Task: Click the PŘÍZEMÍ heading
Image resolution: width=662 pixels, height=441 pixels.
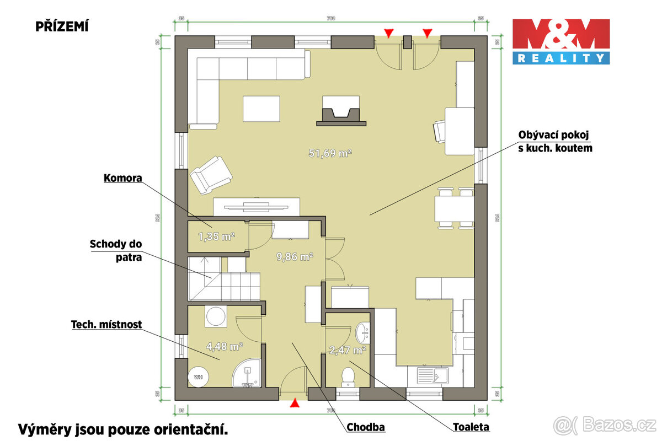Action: point(62,26)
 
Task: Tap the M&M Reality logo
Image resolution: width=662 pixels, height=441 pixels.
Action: point(561,41)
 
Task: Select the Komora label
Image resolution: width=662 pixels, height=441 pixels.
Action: point(123,179)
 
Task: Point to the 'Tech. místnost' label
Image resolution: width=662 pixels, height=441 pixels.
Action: point(106,325)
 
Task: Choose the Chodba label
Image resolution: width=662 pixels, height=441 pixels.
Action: point(365,427)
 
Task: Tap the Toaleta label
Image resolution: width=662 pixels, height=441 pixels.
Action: point(471,427)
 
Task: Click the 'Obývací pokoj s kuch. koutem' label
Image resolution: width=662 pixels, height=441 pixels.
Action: point(555,142)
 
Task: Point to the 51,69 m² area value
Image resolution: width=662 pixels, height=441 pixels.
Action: point(330,154)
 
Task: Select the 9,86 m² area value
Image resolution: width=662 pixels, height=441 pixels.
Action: point(295,256)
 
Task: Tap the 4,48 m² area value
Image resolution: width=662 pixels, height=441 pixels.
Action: point(225,347)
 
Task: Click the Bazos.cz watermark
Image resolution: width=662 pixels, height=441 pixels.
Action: point(605,425)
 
